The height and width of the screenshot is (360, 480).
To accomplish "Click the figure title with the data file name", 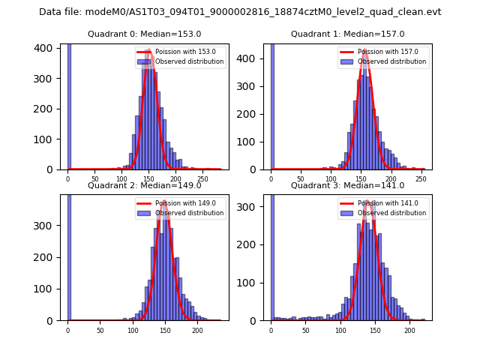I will coord(240,12).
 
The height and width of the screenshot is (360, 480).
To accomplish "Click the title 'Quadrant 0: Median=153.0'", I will coord(144,34).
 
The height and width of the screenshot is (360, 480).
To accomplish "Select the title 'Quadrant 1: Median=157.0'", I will coord(347,34).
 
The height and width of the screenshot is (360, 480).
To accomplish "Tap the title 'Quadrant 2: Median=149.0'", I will coord(144,185).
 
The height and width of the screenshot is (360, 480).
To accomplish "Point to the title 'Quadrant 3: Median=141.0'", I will coord(347,185).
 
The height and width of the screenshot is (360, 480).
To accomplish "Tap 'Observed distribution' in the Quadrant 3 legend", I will coord(391,213).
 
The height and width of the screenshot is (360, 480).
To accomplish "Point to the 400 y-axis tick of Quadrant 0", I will coord(46,48).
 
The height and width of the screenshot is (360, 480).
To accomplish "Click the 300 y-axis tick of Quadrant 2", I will coord(46,226).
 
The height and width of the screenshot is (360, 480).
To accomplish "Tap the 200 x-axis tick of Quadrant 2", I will coord(197,330).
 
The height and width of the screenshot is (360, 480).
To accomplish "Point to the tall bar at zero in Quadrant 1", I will coord(271,106).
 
